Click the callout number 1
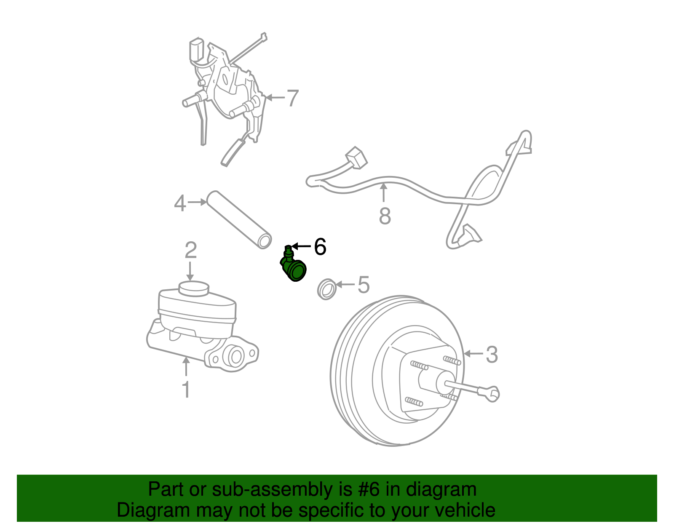(186, 390)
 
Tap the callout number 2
(191, 250)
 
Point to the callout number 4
(180, 204)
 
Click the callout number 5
(364, 285)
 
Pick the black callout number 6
(320, 247)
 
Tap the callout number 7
(292, 98)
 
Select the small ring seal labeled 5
(326, 289)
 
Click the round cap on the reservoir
(194, 288)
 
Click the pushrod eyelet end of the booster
(492, 394)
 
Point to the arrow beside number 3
(473, 354)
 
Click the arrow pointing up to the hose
(384, 194)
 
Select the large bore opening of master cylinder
(235, 357)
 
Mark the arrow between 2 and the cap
(190, 271)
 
